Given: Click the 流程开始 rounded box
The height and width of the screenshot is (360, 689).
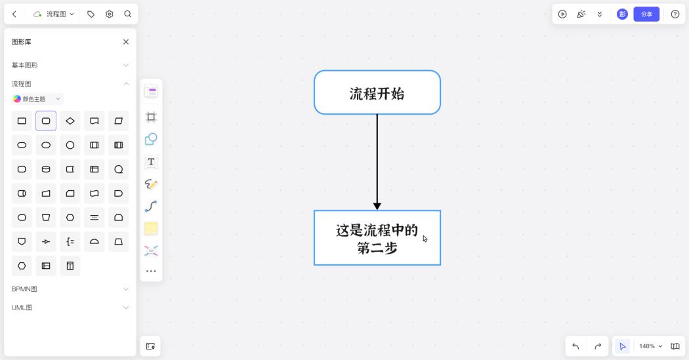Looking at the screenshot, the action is point(377,92).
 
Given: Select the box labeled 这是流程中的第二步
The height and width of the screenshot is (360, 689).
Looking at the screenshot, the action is point(377,238).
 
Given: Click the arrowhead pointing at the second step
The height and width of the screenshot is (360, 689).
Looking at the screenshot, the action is point(377,206).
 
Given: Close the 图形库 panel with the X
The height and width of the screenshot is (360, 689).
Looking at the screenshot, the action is point(126,42).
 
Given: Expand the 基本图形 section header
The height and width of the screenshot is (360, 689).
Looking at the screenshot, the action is point(70,66).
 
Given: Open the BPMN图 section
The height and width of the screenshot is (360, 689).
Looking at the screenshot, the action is point(70,289).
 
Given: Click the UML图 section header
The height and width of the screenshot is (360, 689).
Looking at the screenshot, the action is point(70,308).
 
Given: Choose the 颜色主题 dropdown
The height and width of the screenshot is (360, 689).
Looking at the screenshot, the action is point(37,99).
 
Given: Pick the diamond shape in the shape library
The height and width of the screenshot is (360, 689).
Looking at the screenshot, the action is point(70,121).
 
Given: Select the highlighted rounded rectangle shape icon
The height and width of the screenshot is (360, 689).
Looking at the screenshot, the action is point(46,121).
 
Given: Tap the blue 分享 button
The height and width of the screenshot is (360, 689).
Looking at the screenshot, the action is point(646,14).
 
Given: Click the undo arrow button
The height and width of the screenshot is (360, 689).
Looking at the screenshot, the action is point(575,346).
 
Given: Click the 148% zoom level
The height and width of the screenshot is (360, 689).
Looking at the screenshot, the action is point(650,346).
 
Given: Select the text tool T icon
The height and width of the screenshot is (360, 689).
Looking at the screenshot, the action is point(151,161).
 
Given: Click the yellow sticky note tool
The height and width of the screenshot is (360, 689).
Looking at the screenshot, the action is point(151,228).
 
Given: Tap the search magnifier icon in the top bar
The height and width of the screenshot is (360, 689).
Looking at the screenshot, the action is point(127,14).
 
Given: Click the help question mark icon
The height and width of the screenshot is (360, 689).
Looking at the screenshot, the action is point(675,14).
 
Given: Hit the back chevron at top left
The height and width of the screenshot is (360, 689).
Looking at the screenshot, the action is point(14,14).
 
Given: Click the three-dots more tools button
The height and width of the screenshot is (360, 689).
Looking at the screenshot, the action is point(151,271).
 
